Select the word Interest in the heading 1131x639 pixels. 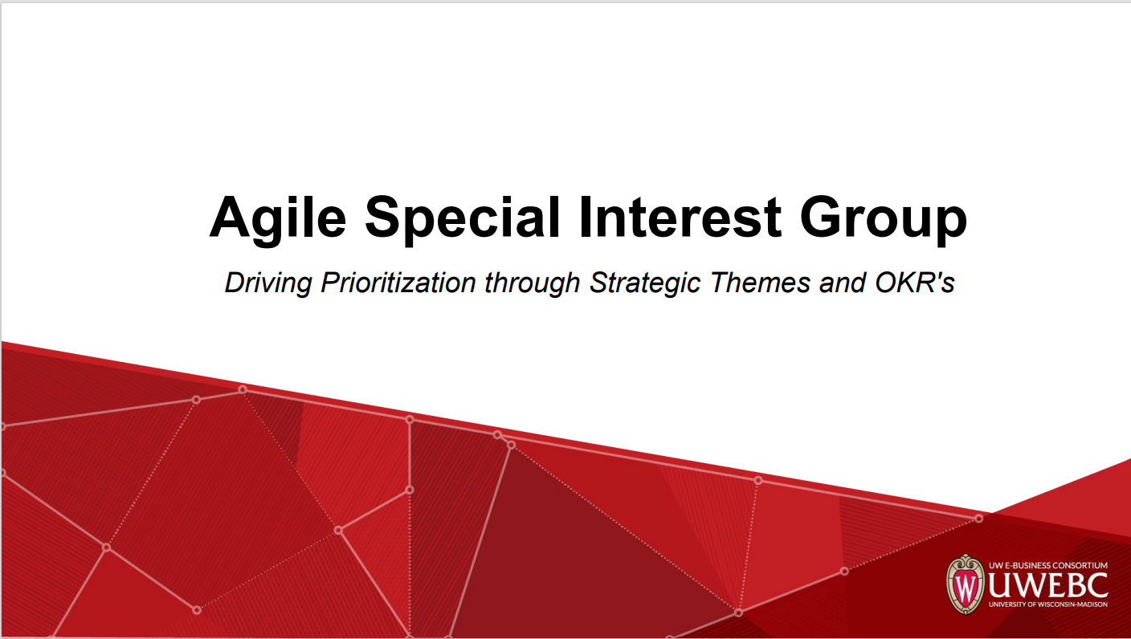click(x=680, y=217)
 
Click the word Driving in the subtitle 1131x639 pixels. click(x=268, y=283)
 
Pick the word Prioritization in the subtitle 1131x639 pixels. click(x=398, y=282)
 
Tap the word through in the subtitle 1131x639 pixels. click(x=533, y=283)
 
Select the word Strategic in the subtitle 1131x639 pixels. click(x=645, y=283)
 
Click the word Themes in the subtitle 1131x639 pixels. click(x=761, y=282)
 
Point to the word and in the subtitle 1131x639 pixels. click(x=843, y=282)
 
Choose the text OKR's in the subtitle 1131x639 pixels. click(x=914, y=282)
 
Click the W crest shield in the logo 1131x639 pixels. click(x=965, y=584)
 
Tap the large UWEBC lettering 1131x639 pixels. click(x=1047, y=585)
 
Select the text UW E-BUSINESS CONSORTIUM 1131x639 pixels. click(x=1048, y=566)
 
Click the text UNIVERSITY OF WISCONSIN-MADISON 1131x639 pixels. click(x=1048, y=604)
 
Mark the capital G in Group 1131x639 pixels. click(x=822, y=217)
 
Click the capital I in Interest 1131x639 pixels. click(x=586, y=217)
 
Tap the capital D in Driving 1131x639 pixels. click(x=236, y=282)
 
